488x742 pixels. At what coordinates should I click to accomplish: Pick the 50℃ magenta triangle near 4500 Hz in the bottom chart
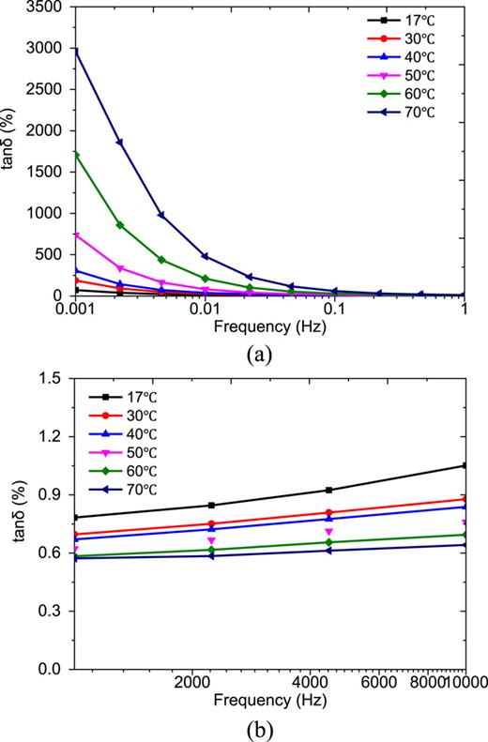click(x=328, y=532)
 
